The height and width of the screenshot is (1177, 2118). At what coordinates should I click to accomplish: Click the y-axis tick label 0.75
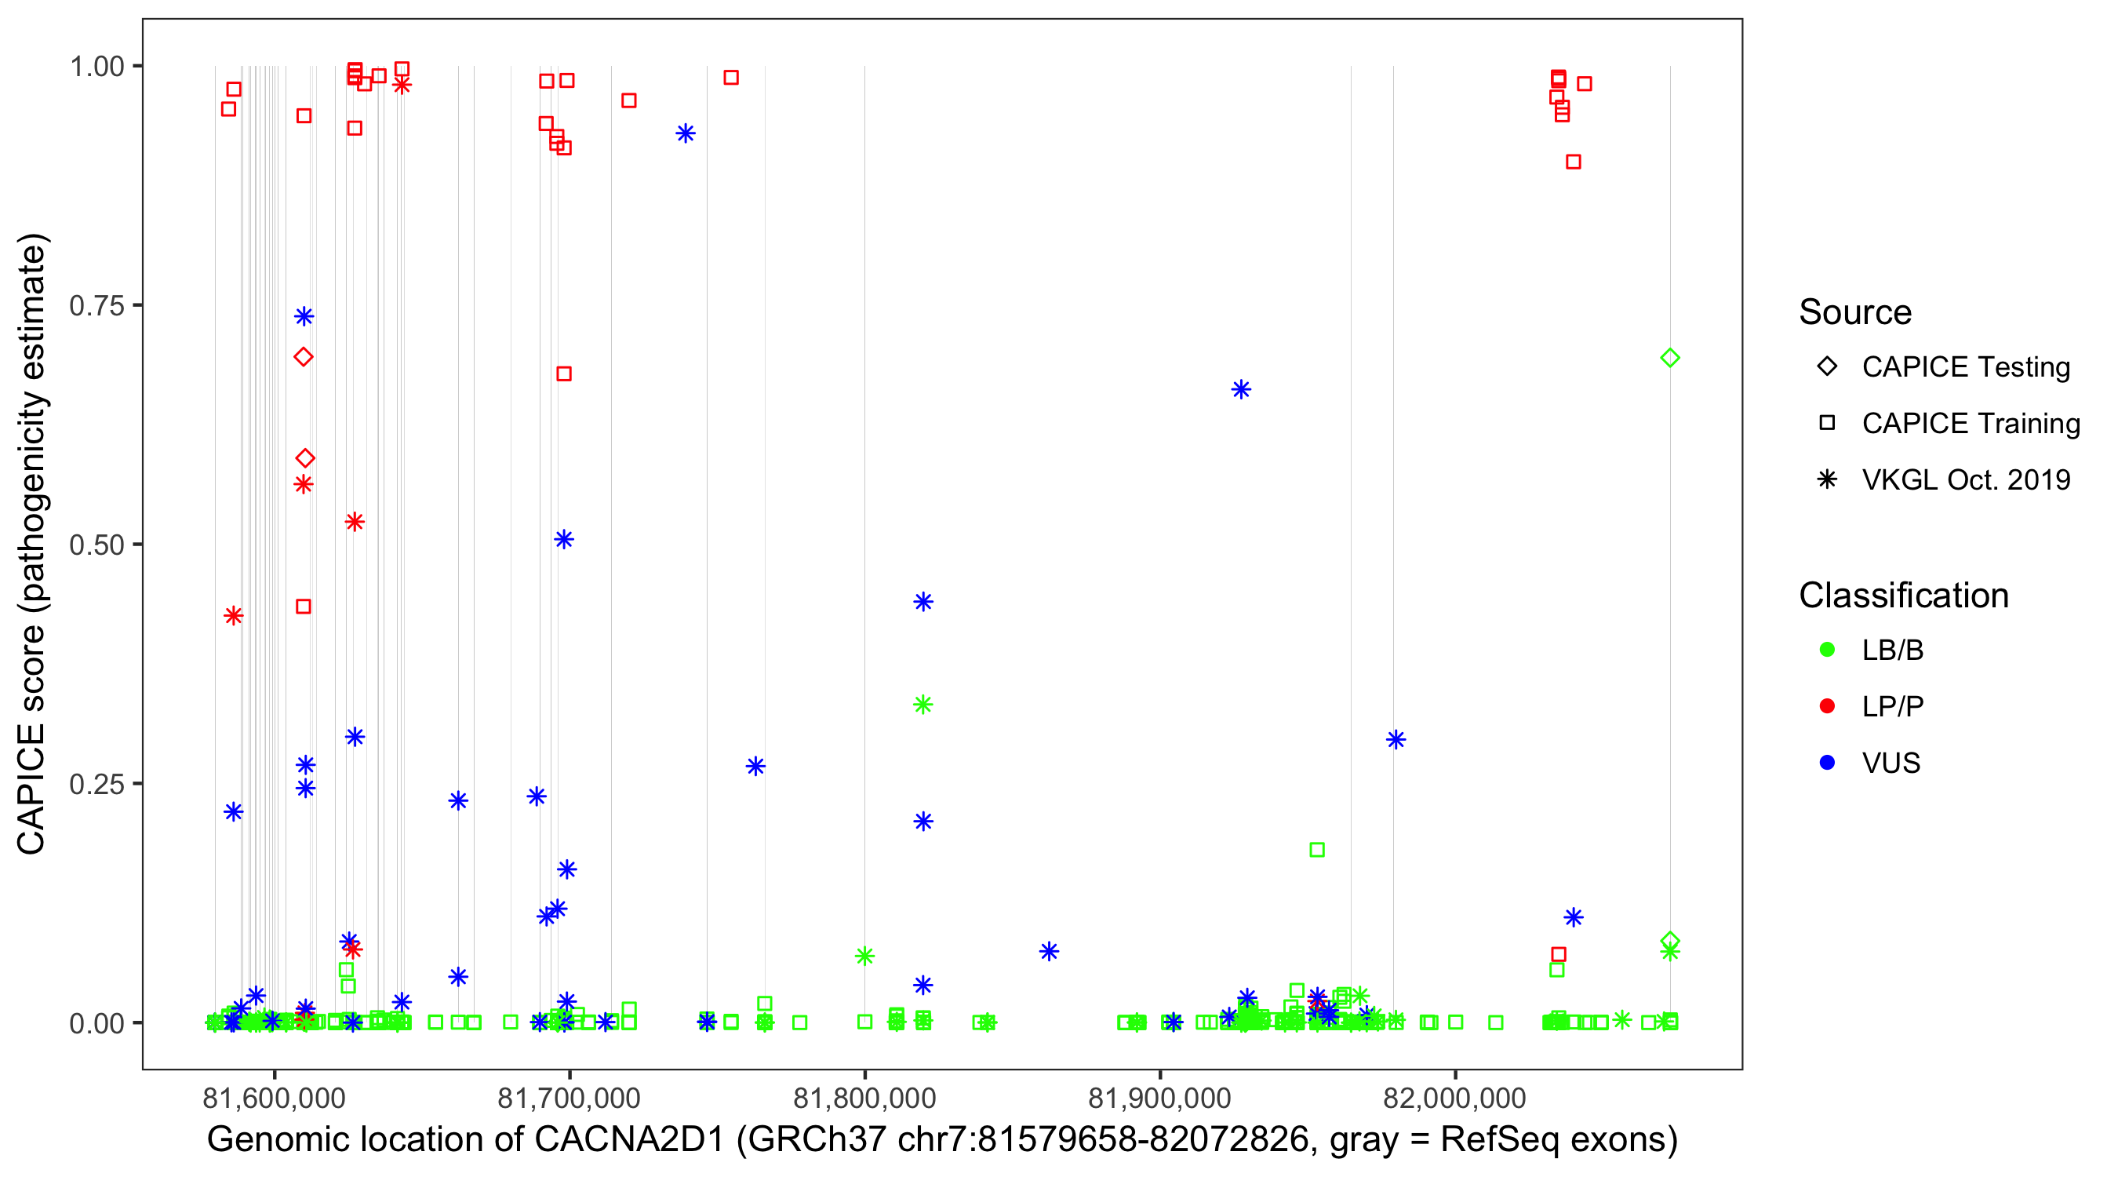[x=96, y=306]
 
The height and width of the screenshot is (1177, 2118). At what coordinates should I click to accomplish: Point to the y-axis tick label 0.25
[x=96, y=784]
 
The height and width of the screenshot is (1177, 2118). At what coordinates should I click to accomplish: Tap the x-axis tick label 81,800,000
[x=864, y=1098]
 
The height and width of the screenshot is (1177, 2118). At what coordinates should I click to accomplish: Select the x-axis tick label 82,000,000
[x=1454, y=1098]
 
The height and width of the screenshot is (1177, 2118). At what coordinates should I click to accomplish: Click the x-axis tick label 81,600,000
[x=274, y=1098]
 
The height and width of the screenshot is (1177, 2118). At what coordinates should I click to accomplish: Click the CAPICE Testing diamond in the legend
[x=1827, y=367]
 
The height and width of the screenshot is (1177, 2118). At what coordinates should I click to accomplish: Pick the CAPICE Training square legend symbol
[x=1827, y=424]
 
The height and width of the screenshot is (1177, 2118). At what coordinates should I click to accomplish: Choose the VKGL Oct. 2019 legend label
[x=1966, y=480]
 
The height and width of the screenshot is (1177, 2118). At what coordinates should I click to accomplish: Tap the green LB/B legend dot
[x=1827, y=650]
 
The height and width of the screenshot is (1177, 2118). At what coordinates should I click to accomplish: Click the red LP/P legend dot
[x=1827, y=706]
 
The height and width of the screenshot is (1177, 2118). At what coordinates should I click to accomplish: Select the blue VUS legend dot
[x=1827, y=763]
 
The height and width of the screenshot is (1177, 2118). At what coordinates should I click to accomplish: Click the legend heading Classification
[x=1903, y=596]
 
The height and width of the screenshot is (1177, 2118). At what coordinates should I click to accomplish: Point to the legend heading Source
[x=1855, y=312]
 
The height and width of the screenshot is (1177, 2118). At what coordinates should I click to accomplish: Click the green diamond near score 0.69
[x=1670, y=358]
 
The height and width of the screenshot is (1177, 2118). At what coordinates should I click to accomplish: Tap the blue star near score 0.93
[x=686, y=133]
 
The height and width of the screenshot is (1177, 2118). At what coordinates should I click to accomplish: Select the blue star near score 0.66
[x=1242, y=390]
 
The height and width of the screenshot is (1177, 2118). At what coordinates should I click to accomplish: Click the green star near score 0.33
[x=923, y=704]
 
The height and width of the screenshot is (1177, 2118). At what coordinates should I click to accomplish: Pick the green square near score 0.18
[x=1317, y=850]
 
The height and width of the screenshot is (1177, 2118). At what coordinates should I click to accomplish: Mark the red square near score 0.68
[x=564, y=374]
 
